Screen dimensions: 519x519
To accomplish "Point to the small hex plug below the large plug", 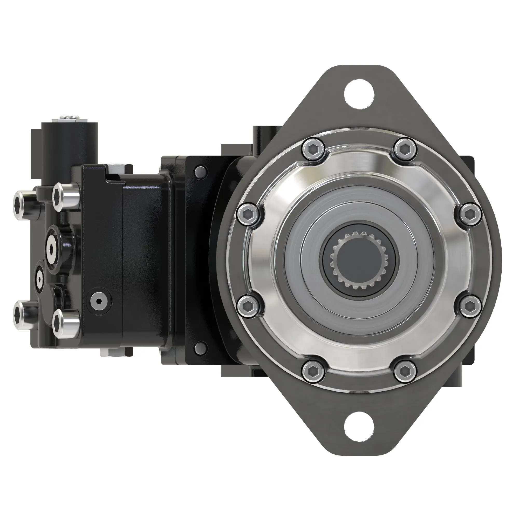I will coord(40,279).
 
